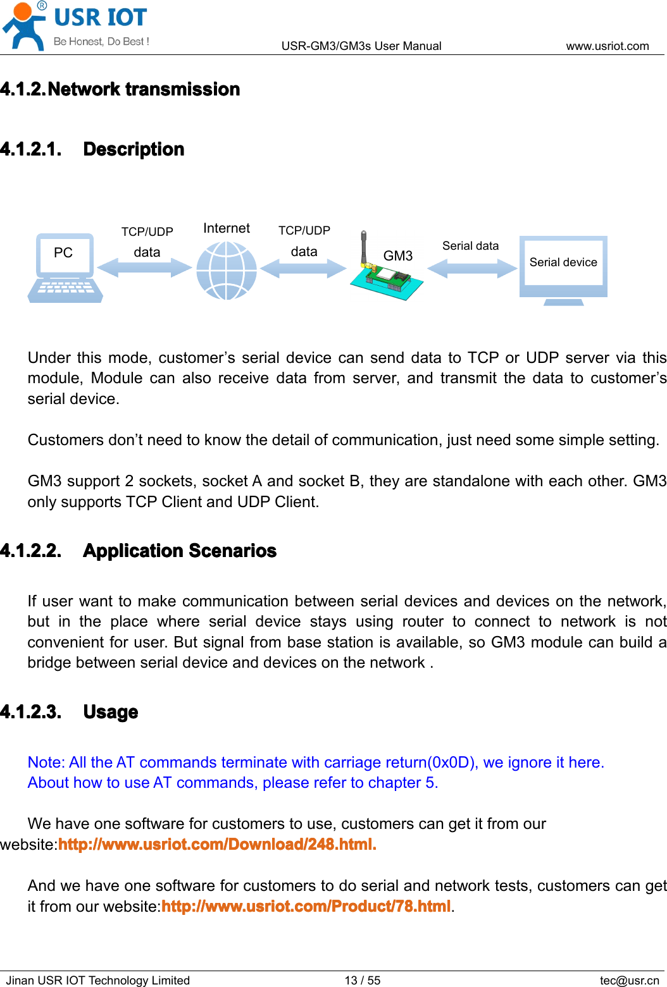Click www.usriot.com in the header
point(607,46)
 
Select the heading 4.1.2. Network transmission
point(120,89)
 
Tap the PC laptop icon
point(65,268)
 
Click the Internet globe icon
point(227,271)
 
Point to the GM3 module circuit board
point(388,278)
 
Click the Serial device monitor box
point(563,266)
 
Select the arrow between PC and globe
point(145,268)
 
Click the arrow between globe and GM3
point(303,268)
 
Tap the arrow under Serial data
point(472,268)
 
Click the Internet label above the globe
point(227,228)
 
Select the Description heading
point(134,149)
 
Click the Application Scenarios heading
point(180,551)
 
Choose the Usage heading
point(111,712)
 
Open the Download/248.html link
point(217,844)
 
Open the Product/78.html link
point(306,906)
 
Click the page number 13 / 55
point(363,980)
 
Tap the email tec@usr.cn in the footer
point(629,980)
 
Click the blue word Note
point(46,763)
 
